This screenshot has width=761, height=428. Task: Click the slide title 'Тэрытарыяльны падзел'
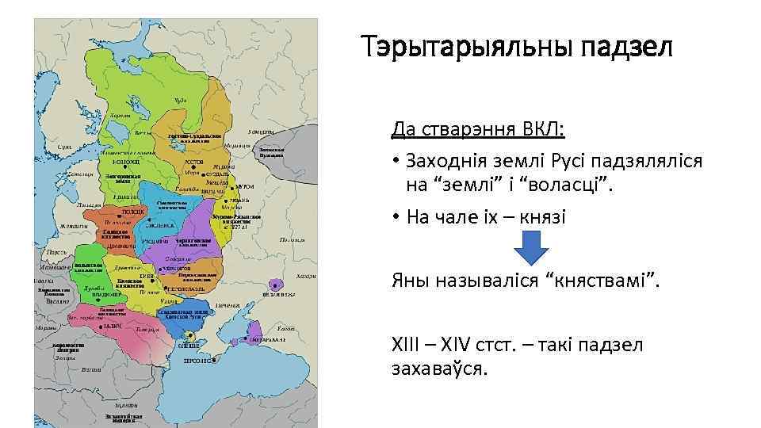(518, 48)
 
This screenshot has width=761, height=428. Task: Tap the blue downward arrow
(531, 254)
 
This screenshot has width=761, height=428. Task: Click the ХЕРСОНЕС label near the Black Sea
(197, 361)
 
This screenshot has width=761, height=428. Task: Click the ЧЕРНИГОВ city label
(178, 268)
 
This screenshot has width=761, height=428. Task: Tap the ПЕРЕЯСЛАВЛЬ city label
(186, 289)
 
